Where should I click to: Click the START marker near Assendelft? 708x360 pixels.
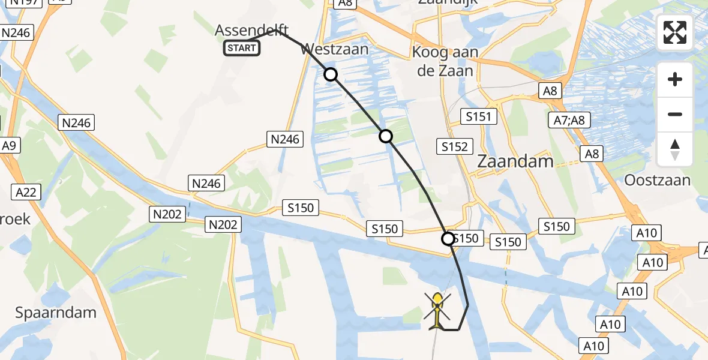[242, 48]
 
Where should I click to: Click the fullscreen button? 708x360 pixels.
[675, 33]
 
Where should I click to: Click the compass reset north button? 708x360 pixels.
[675, 149]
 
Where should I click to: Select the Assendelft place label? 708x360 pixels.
[252, 30]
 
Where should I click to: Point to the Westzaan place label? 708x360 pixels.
[336, 49]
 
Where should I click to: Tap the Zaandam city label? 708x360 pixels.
[506, 161]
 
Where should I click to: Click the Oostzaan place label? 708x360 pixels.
[657, 180]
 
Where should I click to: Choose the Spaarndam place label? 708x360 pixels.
[56, 313]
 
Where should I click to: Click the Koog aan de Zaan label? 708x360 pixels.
[445, 61]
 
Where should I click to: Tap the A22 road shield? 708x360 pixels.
[26, 193]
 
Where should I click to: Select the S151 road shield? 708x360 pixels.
[478, 116]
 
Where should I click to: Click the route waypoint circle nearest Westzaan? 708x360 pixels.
[331, 74]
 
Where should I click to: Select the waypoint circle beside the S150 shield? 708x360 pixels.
[448, 239]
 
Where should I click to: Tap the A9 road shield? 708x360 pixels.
[9, 146]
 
